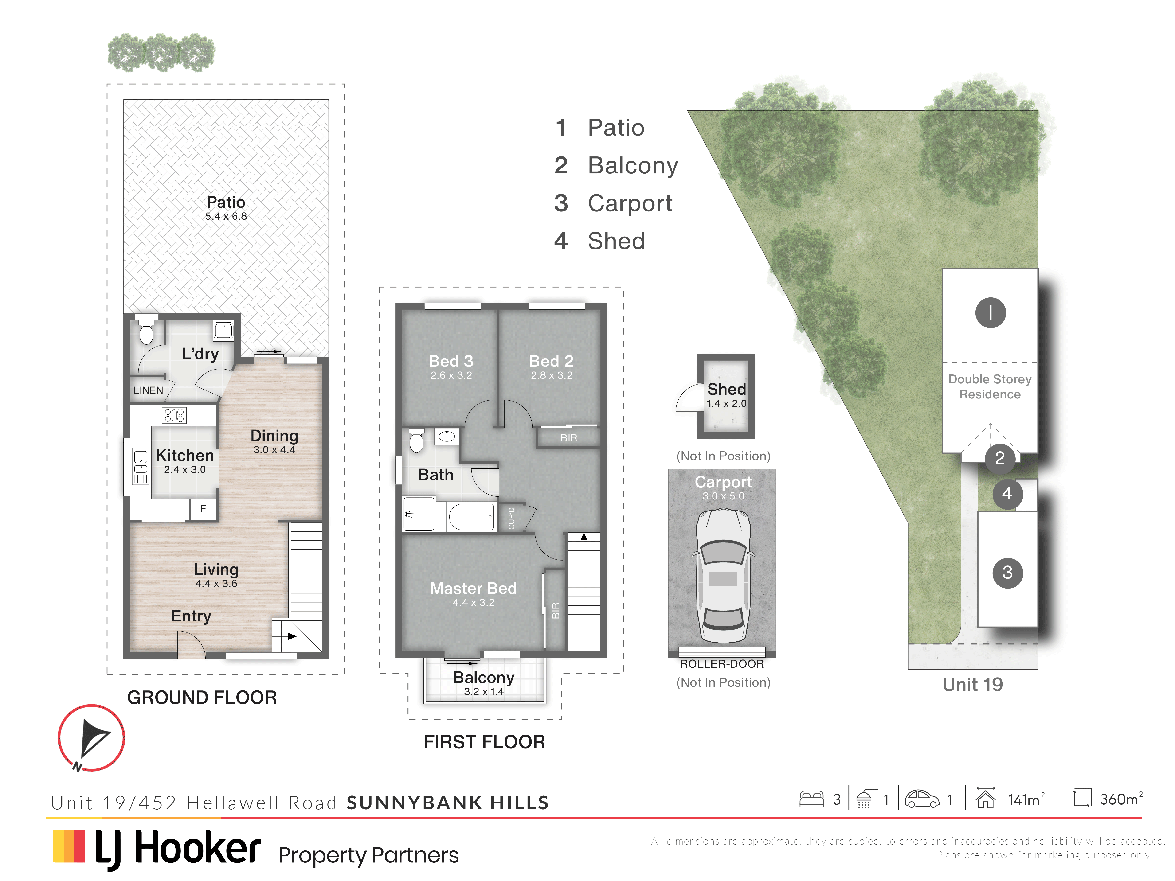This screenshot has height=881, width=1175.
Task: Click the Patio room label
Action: tap(226, 202)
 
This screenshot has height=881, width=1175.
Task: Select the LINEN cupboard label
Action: tap(148, 390)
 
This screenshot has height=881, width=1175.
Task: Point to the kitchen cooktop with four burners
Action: tap(174, 415)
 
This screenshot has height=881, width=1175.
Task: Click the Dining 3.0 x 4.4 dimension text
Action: tap(274, 450)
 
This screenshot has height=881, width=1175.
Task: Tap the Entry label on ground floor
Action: tap(191, 616)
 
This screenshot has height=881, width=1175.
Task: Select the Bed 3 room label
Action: tap(451, 361)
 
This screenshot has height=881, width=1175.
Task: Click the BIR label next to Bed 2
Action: tap(568, 438)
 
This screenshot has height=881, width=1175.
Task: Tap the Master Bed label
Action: tap(473, 589)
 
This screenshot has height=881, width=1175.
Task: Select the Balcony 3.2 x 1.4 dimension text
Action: tap(483, 691)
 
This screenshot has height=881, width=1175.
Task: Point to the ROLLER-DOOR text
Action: tap(722, 664)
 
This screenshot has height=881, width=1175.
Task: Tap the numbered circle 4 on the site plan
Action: tap(1007, 494)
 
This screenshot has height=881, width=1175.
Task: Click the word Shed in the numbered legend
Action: tap(616, 241)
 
